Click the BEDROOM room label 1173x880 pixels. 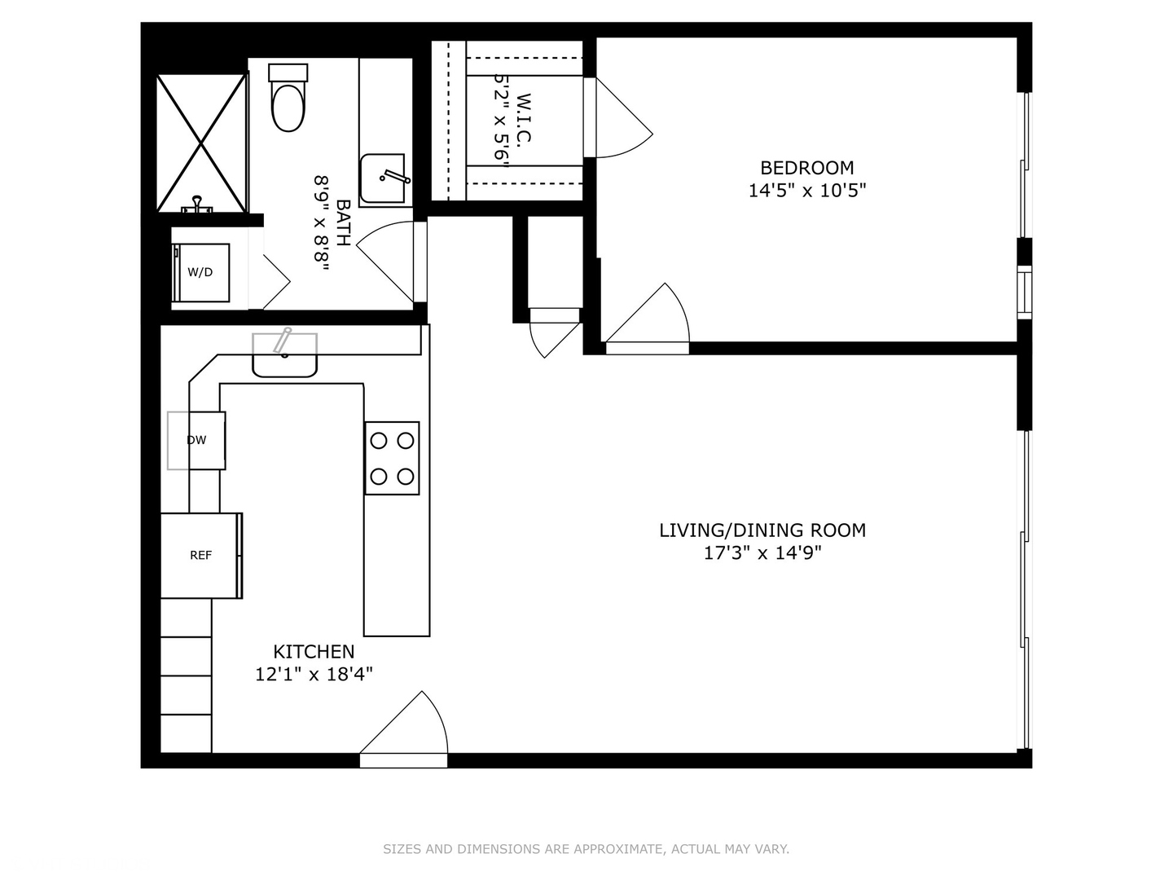pos(806,168)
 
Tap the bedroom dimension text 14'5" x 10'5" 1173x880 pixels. pos(806,191)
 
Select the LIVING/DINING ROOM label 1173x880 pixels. pos(762,530)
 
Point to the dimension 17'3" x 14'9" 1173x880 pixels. pos(762,553)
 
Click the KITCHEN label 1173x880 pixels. pos(314,652)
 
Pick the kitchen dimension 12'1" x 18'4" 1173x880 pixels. pos(314,675)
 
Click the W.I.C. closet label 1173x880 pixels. pos(524,119)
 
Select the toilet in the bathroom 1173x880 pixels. pos(288,99)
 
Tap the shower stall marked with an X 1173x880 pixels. pos(201,143)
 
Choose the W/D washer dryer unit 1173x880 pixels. pos(200,272)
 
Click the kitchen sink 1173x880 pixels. pos(284,355)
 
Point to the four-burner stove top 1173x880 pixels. pos(392,458)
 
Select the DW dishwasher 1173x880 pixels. pos(197,441)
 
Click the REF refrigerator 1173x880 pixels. pos(200,556)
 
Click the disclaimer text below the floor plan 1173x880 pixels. pos(586,849)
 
